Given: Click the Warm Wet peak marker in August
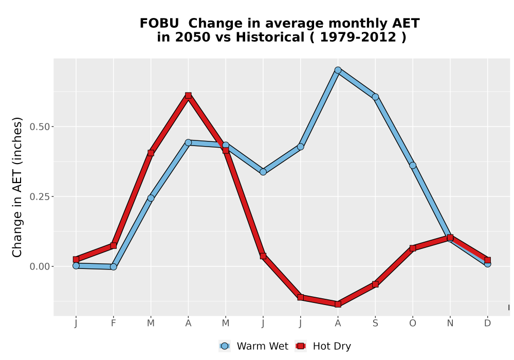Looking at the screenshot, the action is pyautogui.click(x=338, y=70).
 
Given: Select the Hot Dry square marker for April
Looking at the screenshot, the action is pyautogui.click(x=188, y=96).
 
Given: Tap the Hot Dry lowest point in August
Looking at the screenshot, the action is pyautogui.click(x=338, y=304).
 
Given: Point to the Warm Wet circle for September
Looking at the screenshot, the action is pyautogui.click(x=375, y=97).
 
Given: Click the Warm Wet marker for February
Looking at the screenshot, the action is pyautogui.click(x=114, y=266).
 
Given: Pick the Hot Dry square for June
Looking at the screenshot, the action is pyautogui.click(x=263, y=256).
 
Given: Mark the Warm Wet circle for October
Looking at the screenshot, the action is pyautogui.click(x=413, y=165).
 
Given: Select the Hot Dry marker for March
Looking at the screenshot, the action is pyautogui.click(x=151, y=153).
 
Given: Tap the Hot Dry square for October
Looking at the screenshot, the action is pyautogui.click(x=413, y=248).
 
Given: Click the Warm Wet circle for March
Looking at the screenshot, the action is pyautogui.click(x=151, y=198).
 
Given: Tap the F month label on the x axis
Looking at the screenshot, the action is pyautogui.click(x=114, y=323).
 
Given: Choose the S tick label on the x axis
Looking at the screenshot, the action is pyautogui.click(x=375, y=323).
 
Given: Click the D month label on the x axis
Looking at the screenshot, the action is pyautogui.click(x=487, y=323).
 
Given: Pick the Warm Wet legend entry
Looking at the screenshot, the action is pyautogui.click(x=253, y=346).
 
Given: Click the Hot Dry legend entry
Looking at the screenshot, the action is pyautogui.click(x=323, y=346).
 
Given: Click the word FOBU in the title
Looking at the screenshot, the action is pyautogui.click(x=159, y=24).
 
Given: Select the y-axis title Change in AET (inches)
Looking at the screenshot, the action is pyautogui.click(x=17, y=187).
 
